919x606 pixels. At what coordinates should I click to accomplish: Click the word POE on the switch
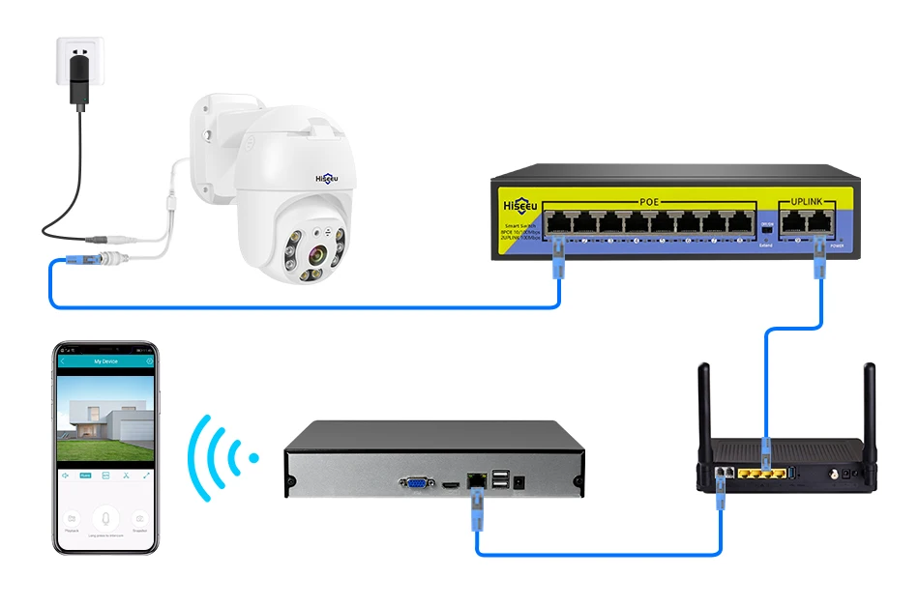[648, 201]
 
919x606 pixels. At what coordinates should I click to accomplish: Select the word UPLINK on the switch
[806, 201]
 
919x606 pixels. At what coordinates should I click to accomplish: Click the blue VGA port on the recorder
[415, 479]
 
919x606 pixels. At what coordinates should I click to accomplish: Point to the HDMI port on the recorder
[450, 480]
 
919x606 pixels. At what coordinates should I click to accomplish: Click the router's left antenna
[704, 406]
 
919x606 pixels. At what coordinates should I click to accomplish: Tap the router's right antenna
[870, 406]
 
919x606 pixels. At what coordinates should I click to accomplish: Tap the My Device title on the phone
[104, 361]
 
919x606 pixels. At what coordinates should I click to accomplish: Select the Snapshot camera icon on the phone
[139, 519]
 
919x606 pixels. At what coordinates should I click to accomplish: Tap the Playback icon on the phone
[71, 519]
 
